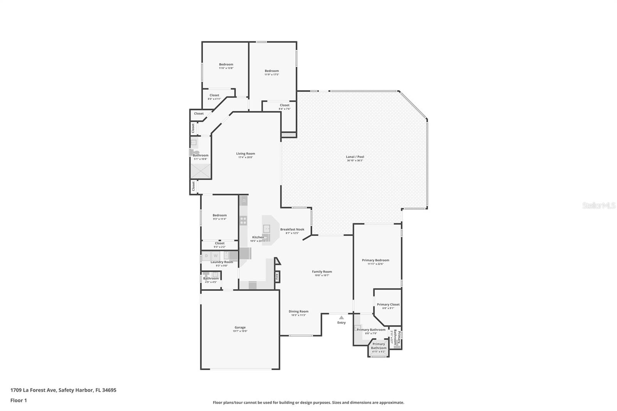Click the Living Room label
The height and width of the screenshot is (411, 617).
coord(246,153)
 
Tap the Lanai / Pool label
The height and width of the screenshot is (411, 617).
coord(355,157)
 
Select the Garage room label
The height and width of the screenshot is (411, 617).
coord(240,327)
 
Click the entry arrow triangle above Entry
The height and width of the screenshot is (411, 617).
coord(341,318)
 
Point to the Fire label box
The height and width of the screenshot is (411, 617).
coord(277,276)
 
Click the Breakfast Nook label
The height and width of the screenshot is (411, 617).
coord(292,229)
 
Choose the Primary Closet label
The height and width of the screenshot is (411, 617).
coord(388,305)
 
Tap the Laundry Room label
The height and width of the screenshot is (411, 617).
coord(222,262)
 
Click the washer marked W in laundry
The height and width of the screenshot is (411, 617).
coord(216,256)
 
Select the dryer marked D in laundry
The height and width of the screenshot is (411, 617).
coord(206,256)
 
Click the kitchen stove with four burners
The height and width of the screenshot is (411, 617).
coord(243,221)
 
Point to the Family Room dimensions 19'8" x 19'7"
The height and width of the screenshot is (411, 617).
coord(322,275)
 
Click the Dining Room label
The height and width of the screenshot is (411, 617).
coord(298,312)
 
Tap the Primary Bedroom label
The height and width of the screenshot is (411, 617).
coord(375,260)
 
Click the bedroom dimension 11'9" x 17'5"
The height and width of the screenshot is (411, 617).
coord(271,74)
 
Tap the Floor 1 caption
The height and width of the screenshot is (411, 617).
coord(19,400)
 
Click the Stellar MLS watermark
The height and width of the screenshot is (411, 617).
coord(598,205)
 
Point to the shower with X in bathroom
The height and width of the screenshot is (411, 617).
coord(201,171)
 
